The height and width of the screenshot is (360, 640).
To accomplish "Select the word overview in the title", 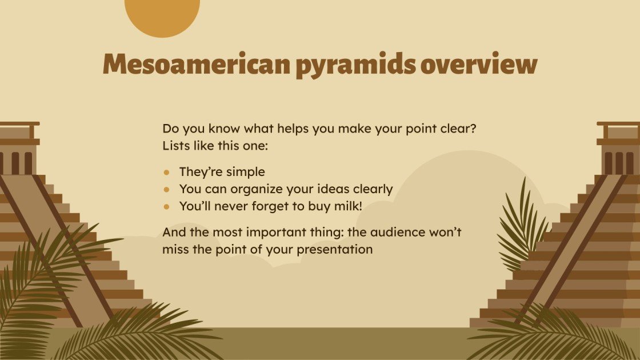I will (479, 65).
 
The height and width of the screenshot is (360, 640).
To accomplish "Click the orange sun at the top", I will (162, 14).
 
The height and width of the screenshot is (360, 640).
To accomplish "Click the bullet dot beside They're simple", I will (167, 172).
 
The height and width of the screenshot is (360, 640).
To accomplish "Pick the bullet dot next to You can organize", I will (167, 189).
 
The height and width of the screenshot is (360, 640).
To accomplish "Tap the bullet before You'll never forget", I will (167, 206).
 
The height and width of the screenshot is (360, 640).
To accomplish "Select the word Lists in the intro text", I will (175, 146).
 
